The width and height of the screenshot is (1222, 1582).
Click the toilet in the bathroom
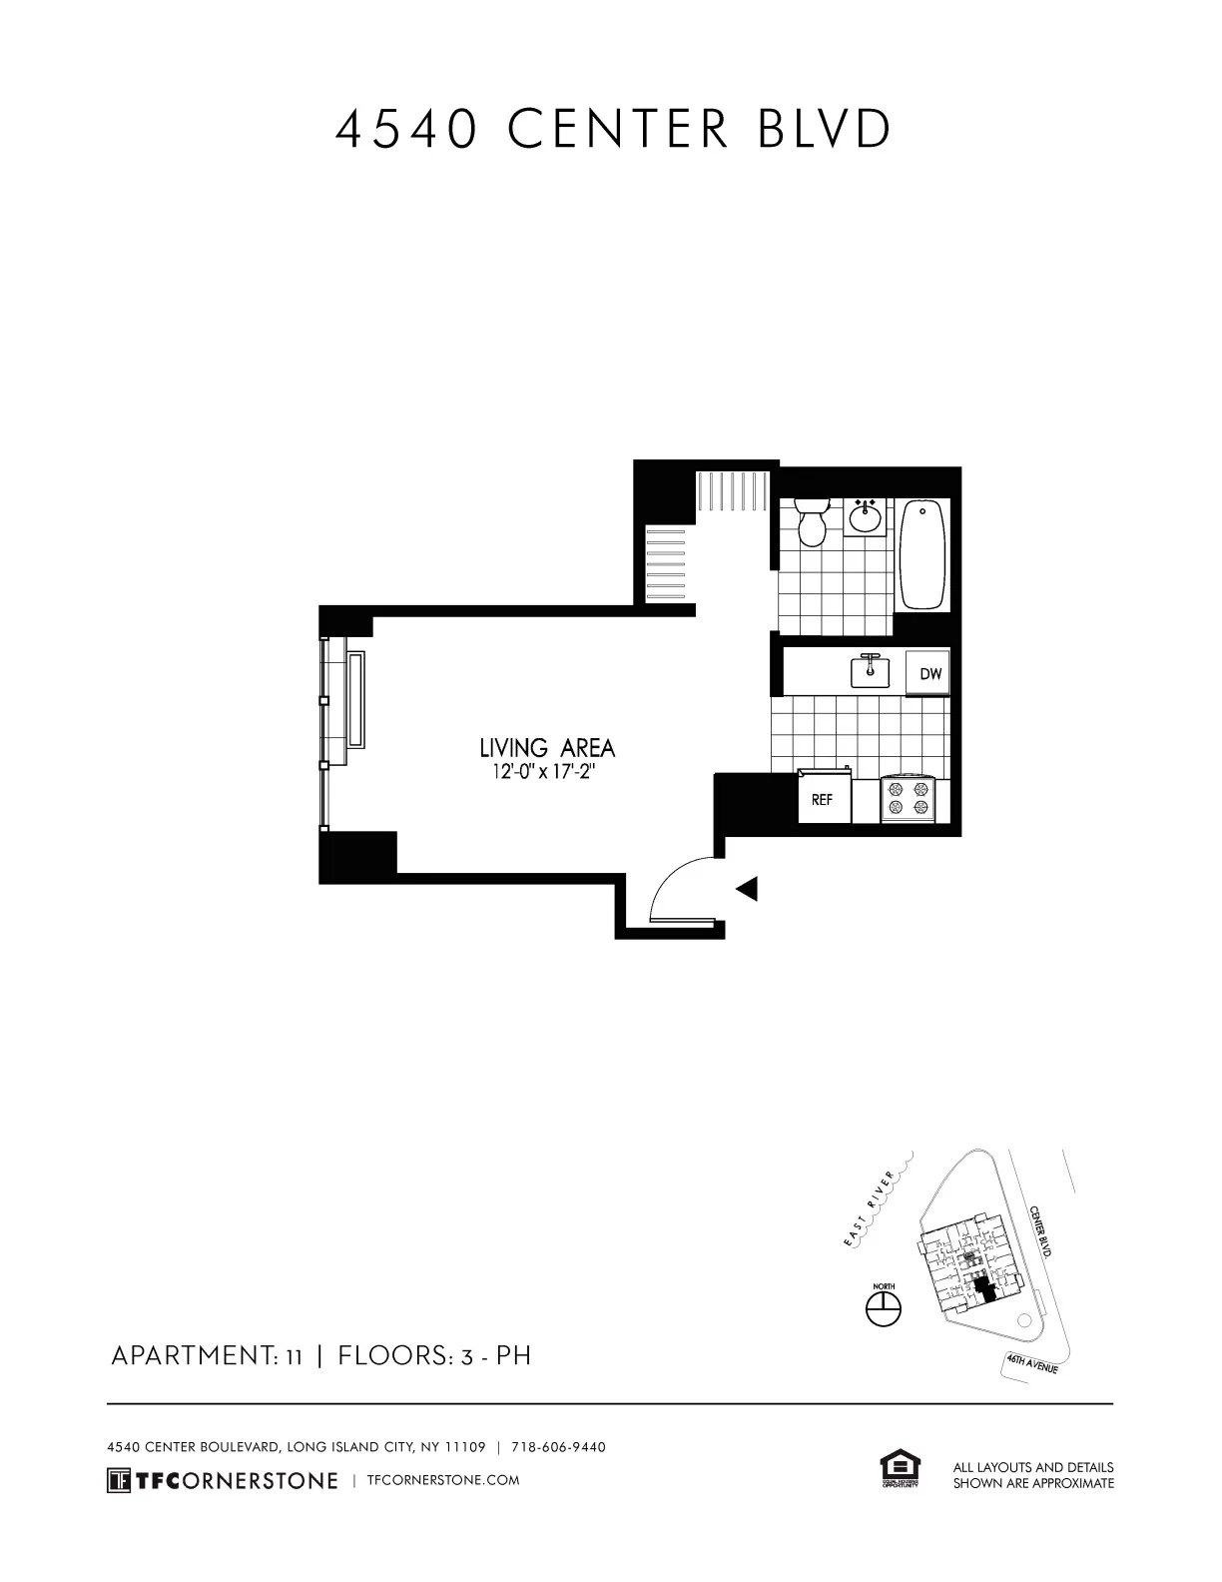(x=813, y=521)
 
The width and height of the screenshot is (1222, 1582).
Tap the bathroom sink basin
(x=865, y=518)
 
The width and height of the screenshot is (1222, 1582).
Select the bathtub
(x=923, y=554)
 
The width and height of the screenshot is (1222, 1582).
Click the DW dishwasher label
(x=929, y=674)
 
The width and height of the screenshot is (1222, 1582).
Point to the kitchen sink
(x=870, y=671)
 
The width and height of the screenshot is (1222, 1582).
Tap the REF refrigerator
(x=823, y=800)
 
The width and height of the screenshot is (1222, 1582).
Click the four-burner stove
(x=909, y=800)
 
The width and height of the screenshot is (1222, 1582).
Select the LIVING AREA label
(x=547, y=748)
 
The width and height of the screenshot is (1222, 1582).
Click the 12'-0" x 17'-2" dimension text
(x=547, y=772)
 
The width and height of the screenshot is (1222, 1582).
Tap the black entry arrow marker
(x=747, y=888)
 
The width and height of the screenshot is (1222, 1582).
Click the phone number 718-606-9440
(x=558, y=1447)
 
